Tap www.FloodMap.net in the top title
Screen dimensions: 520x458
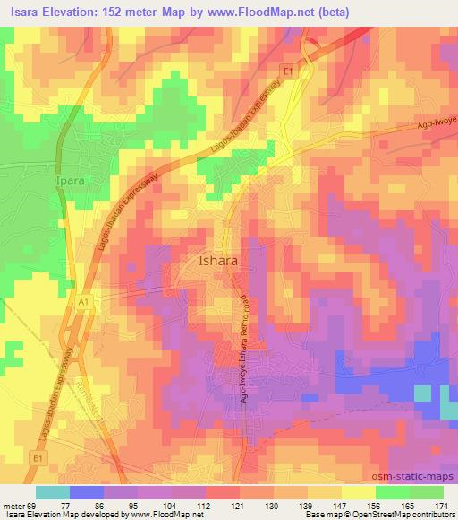click(266, 12)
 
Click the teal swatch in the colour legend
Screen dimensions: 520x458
click(52, 492)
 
